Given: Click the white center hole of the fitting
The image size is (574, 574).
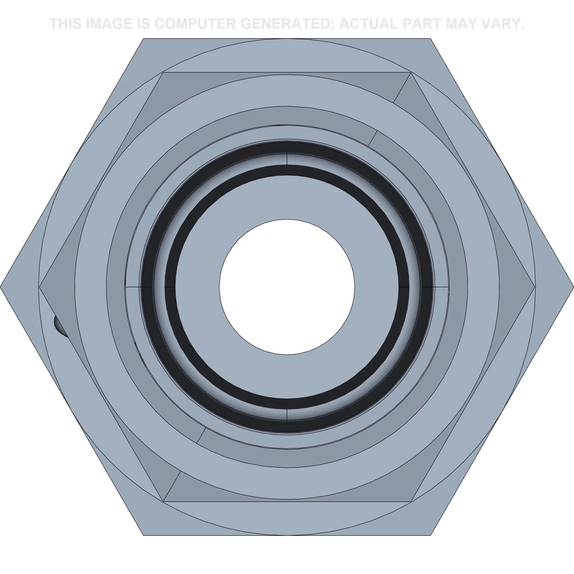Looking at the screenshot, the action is pos(287,287).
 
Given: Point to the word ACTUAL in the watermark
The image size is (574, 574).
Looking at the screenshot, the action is pos(368,24).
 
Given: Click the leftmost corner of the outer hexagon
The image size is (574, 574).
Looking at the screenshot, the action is pos(1,287).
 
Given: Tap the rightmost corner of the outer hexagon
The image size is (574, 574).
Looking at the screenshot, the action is pos(573,287).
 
